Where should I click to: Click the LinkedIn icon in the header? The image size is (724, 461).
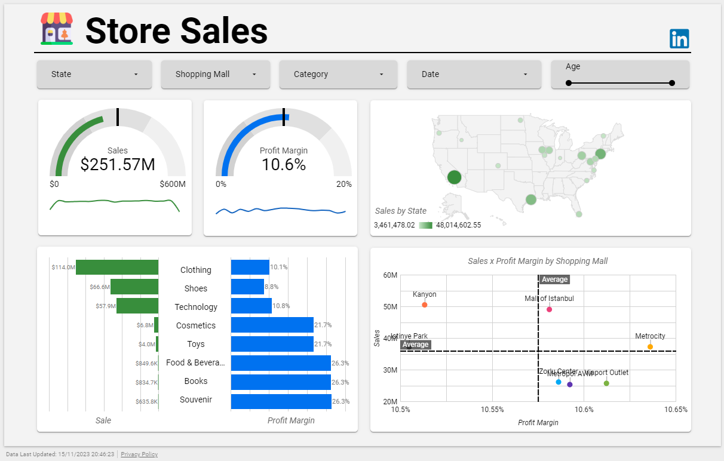tap(679, 39)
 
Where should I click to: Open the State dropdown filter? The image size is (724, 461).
tap(94, 75)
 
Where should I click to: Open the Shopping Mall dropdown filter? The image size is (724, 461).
tap(215, 75)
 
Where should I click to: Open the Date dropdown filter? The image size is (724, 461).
tap(474, 75)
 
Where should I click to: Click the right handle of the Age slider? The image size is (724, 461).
tap(672, 83)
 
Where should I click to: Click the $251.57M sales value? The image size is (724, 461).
tap(118, 165)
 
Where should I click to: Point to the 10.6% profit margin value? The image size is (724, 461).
tap(284, 165)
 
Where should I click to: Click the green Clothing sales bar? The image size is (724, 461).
tap(117, 268)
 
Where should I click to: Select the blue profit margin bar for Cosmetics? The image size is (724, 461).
tap(272, 325)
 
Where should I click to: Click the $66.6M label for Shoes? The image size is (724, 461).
tap(100, 287)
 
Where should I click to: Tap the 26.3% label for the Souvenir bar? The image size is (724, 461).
tap(340, 401)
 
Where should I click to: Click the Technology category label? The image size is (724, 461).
tap(196, 307)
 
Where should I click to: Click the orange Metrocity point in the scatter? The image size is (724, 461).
tap(650, 347)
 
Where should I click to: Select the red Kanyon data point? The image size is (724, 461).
tap(425, 305)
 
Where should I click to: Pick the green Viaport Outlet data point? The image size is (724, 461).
tap(606, 383)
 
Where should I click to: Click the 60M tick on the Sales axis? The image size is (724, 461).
tap(390, 275)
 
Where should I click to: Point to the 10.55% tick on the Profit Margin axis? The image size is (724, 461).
tap(492, 410)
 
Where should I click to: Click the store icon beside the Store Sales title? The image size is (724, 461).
tap(57, 29)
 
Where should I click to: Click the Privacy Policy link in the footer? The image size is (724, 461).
tap(139, 454)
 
